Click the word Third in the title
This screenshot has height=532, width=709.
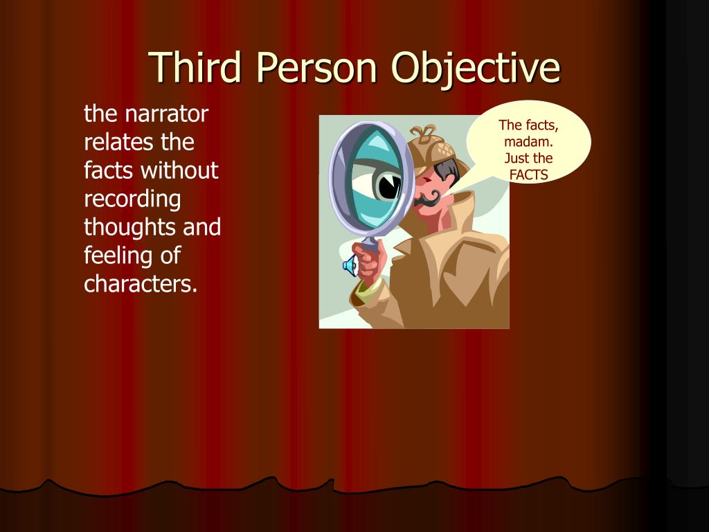[197, 68]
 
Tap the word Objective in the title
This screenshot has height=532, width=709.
[475, 68]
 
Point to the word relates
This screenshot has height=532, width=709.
[118, 142]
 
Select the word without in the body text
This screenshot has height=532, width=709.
[179, 170]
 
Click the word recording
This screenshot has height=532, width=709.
[132, 199]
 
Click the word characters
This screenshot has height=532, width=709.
[141, 284]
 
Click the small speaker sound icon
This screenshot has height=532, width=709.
[350, 265]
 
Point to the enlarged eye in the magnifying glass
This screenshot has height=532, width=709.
[384, 184]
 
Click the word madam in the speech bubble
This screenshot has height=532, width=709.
[528, 142]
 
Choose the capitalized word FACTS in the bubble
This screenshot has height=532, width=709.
[528, 175]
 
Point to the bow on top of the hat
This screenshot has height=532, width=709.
[423, 132]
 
